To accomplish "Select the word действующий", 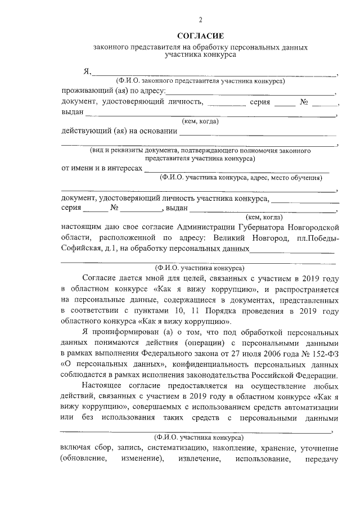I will click(x=85, y=132).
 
